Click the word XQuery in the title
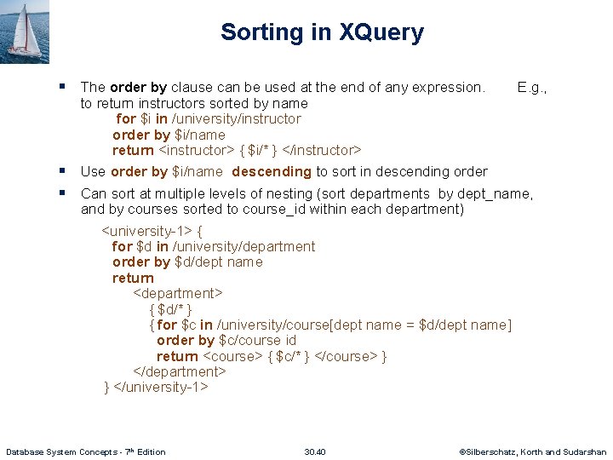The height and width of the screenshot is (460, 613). pos(381,33)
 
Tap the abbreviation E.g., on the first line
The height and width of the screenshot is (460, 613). pos(532,88)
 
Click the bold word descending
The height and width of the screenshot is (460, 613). pos(272,172)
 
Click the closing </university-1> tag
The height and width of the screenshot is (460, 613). pos(161,388)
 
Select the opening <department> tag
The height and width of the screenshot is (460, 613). pos(178,294)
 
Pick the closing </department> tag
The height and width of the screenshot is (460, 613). pos(180,372)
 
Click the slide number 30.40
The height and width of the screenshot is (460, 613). pos(315,451)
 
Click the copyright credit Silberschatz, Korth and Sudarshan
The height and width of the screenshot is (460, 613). pos(536,451)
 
